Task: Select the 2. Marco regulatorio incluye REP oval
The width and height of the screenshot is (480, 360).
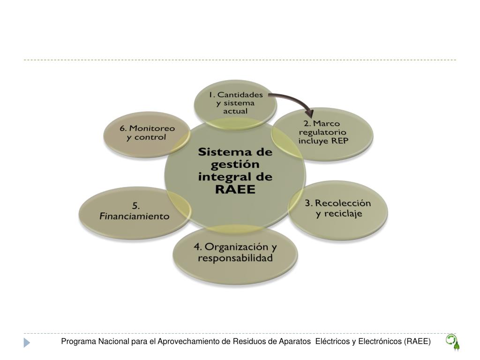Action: (323, 133)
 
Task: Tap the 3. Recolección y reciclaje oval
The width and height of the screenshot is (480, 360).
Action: (337, 209)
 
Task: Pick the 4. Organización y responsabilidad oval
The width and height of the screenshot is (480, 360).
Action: (235, 253)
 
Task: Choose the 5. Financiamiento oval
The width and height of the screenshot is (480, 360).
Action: (135, 211)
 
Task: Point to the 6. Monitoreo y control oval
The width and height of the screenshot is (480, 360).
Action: (146, 133)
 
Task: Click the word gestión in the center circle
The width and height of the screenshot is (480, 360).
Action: (235, 165)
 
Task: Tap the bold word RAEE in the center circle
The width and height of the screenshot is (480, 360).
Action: (235, 189)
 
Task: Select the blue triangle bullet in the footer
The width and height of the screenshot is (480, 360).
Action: (27, 343)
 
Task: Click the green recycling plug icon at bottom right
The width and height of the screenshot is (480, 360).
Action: (452, 342)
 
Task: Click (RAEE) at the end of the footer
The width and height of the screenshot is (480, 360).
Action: (417, 342)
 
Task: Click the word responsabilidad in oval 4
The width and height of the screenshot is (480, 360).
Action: (235, 258)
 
